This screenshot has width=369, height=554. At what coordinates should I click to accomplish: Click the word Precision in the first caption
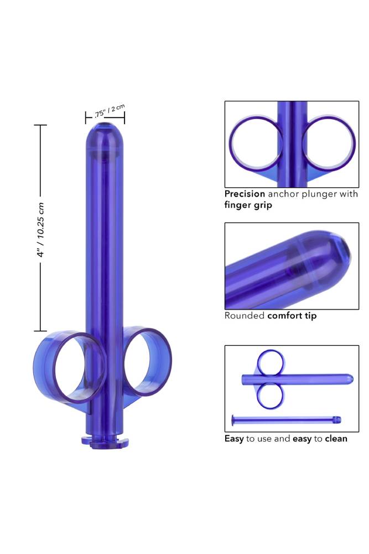pyautogui.click(x=245, y=194)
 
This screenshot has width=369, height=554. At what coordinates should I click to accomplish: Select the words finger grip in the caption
pyautogui.click(x=248, y=205)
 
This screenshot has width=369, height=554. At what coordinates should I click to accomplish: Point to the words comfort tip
pyautogui.click(x=292, y=316)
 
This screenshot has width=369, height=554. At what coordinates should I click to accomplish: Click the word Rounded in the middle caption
pyautogui.click(x=245, y=316)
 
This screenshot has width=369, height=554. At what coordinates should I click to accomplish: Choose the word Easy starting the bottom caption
pyautogui.click(x=234, y=439)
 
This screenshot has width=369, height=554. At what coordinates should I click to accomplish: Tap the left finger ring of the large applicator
pyautogui.click(x=70, y=366)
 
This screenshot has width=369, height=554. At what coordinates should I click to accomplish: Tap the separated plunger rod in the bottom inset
pyautogui.click(x=285, y=419)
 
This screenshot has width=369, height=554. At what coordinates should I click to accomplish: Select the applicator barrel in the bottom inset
pyautogui.click(x=310, y=379)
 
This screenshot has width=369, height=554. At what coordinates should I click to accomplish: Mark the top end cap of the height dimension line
pyautogui.click(x=40, y=125)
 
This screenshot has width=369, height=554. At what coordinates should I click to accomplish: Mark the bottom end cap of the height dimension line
pyautogui.click(x=40, y=331)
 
